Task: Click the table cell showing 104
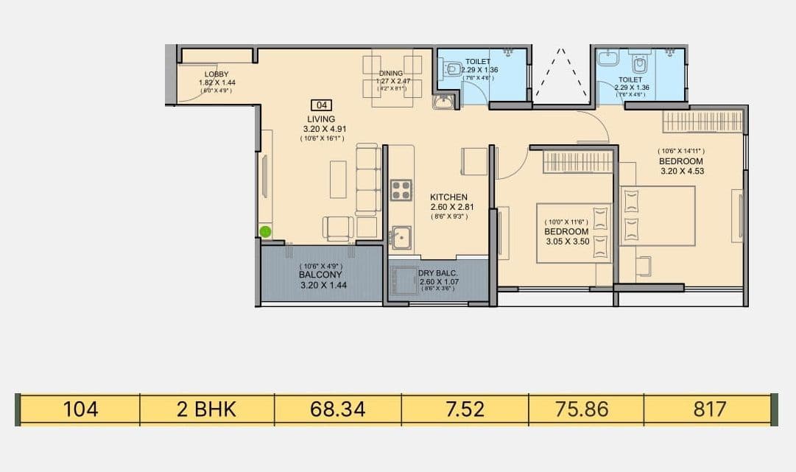pos(80,409)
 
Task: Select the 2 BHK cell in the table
pos(207,409)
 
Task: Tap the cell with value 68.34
pos(337,409)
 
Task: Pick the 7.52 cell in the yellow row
pos(465,409)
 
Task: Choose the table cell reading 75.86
pos(585,409)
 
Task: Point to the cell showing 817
pos(708,409)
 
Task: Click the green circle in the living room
pos(266,232)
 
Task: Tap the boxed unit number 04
pos(321,105)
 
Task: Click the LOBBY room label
pos(216,74)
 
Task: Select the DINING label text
pos(391,73)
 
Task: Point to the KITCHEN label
pos(449,197)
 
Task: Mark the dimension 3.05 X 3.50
pos(567,241)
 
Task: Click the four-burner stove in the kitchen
pos(401,190)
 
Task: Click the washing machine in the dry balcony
pos(403,281)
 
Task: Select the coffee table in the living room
pos(338,179)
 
